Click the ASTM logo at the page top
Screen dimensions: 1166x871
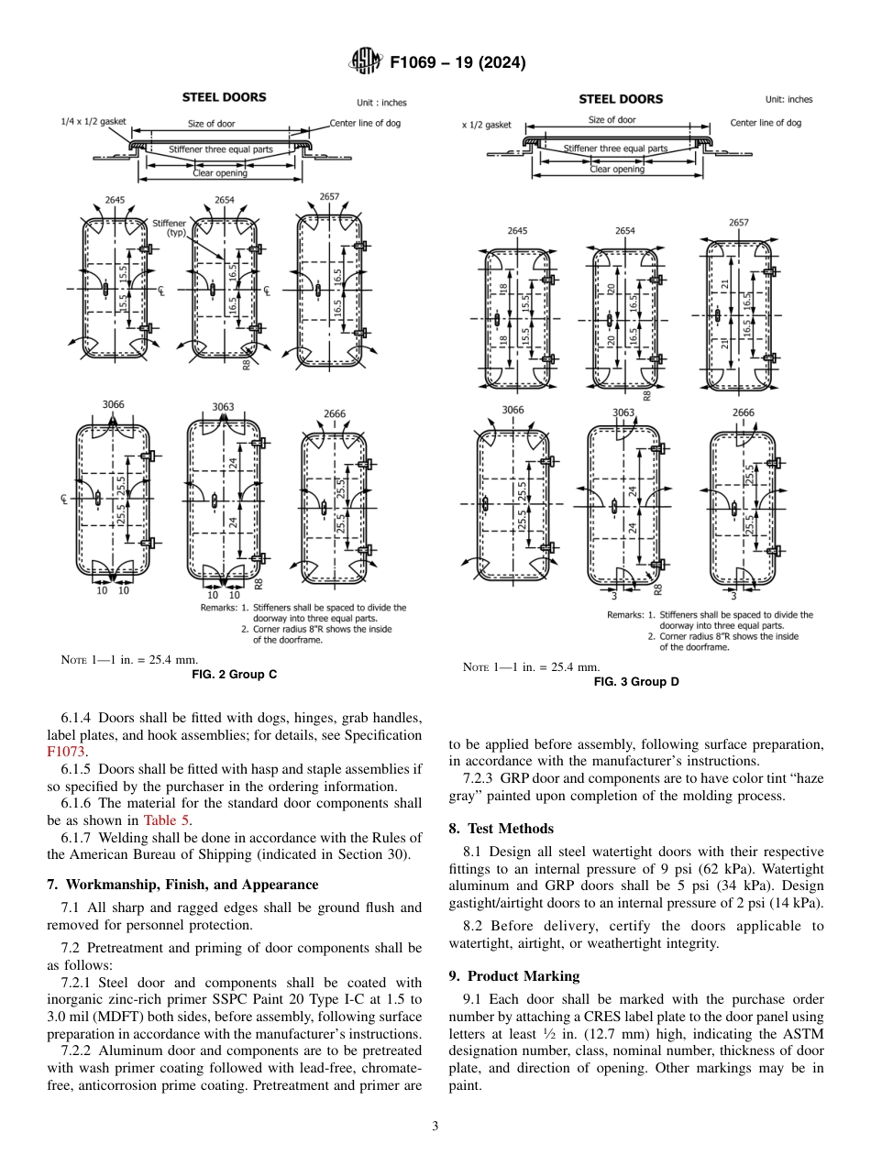coord(367,62)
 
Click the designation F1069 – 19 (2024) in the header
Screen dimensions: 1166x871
coord(458,63)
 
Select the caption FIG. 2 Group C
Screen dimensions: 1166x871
coord(234,674)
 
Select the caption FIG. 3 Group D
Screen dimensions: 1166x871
coord(636,681)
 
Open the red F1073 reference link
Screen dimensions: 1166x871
coord(66,752)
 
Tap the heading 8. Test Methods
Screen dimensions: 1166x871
coord(501,828)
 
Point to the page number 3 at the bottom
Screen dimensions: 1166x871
coord(435,1126)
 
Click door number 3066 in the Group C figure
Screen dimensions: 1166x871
coord(113,404)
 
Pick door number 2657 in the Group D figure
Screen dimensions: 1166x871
coord(738,222)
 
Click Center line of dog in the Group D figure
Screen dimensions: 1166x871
coord(765,122)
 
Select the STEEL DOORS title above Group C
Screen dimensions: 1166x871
coord(224,97)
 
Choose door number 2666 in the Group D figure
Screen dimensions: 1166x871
coord(743,412)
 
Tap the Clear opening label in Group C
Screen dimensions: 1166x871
coord(218,172)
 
